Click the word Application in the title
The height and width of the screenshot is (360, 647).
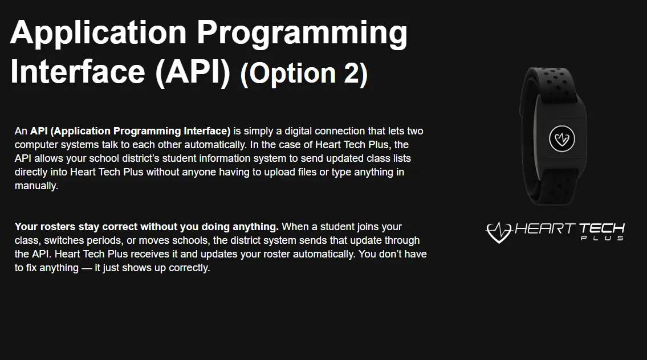[98, 34]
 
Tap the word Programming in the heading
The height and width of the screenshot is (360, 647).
[302, 34]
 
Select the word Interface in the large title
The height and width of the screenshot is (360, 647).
[78, 72]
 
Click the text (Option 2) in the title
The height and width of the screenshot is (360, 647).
[304, 73]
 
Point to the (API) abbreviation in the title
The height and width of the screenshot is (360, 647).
[193, 73]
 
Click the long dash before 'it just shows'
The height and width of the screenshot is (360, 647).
[87, 268]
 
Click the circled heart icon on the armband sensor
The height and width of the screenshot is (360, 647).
[561, 138]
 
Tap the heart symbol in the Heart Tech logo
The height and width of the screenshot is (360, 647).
[499, 232]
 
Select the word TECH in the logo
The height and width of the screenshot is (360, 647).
[601, 228]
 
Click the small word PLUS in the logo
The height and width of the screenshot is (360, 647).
[602, 238]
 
